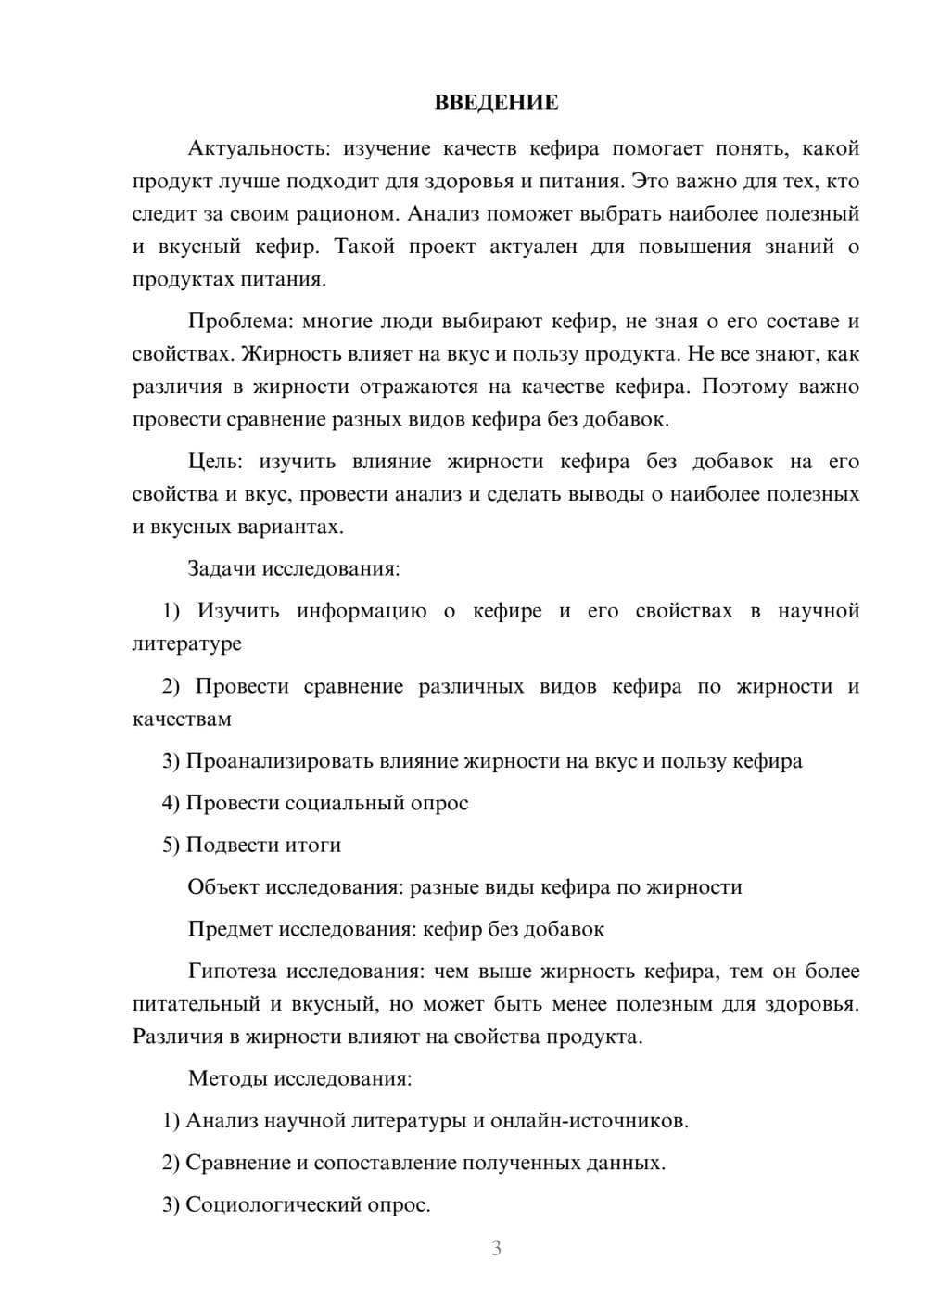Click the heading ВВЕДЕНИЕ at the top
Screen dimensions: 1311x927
(x=496, y=103)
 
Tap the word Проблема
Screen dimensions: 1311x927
(x=239, y=322)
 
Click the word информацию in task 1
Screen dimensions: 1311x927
(x=362, y=611)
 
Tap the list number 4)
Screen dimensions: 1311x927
(x=171, y=803)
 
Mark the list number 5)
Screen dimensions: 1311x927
(x=171, y=845)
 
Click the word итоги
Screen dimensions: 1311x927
(x=311, y=845)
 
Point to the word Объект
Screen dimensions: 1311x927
(x=223, y=887)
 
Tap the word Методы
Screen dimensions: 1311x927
(x=222, y=1078)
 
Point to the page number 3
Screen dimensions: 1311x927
(x=496, y=1248)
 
